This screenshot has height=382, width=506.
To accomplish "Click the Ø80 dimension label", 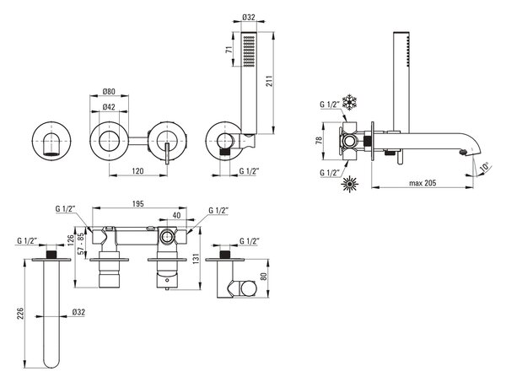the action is point(109,92).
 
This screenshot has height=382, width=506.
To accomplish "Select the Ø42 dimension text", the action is point(109,107).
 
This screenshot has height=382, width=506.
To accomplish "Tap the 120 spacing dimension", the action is point(137,171).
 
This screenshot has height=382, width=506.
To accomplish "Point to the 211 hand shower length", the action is point(270,81).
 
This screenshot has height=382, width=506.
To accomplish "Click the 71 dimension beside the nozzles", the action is point(229,50).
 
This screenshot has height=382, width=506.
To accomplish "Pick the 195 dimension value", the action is point(138,203).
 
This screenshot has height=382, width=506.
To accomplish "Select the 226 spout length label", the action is point(19,314).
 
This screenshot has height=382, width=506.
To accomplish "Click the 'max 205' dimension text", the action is point(423,183).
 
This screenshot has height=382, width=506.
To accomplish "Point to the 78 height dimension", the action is point(319,141).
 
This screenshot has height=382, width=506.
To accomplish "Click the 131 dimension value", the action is point(197,258).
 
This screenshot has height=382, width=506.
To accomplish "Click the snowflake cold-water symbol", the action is point(349,102).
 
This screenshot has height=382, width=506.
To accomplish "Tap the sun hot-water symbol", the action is point(350,184).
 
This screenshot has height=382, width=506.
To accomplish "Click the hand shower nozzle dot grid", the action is point(249,51).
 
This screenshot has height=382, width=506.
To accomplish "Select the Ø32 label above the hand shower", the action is point(249,17).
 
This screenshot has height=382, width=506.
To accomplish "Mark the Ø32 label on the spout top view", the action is point(78,312).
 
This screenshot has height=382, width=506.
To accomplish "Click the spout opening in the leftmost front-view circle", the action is point(51,154).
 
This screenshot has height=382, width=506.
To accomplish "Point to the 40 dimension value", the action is point(176,215).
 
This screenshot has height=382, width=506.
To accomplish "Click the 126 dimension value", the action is point(71,240).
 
